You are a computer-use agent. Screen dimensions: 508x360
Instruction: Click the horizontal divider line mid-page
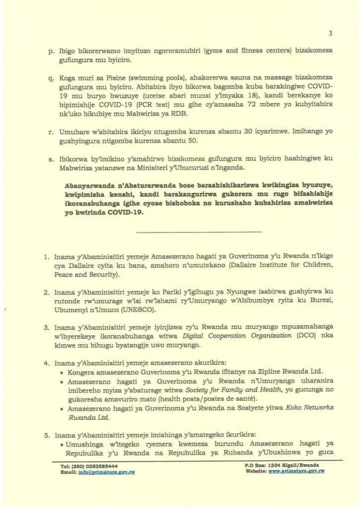click(x=199, y=232)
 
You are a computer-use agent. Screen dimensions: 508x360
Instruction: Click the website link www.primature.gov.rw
click(x=297, y=472)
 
